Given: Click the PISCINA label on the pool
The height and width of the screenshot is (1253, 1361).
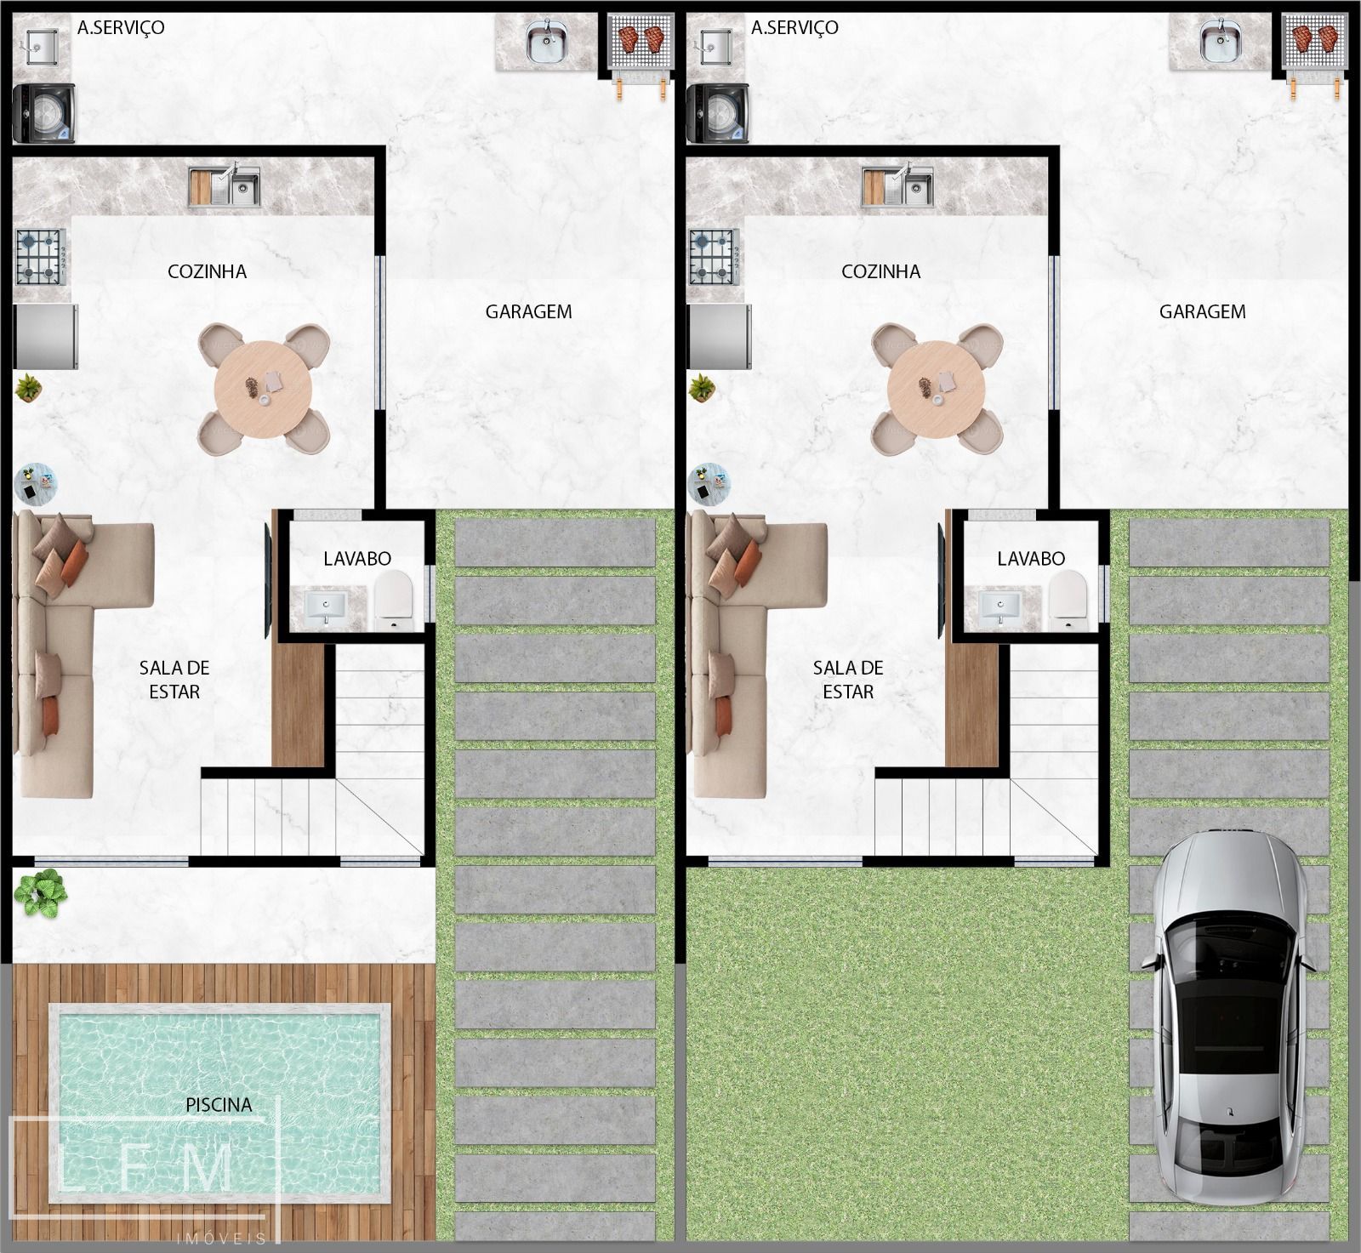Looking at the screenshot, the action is [219, 1104].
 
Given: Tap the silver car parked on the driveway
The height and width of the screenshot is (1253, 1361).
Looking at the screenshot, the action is [1226, 1017].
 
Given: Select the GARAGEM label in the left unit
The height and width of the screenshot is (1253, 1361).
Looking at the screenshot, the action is [528, 311].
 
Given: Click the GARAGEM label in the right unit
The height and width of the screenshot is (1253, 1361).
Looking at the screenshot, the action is [1202, 311].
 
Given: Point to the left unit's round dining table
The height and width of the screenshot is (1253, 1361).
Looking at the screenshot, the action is [264, 389].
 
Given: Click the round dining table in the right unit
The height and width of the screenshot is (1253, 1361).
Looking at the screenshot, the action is [937, 389].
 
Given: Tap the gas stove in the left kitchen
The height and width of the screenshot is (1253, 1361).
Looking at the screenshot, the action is [41, 257].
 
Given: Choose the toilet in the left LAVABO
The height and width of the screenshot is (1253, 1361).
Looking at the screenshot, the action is [394, 598].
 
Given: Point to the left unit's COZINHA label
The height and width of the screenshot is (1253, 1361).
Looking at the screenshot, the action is [207, 271].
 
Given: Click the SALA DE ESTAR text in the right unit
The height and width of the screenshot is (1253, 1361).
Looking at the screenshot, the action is [848, 680].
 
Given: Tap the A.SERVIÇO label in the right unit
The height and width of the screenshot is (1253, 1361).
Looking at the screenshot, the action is [794, 27].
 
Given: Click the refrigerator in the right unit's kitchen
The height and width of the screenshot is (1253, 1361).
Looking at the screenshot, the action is [720, 337].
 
